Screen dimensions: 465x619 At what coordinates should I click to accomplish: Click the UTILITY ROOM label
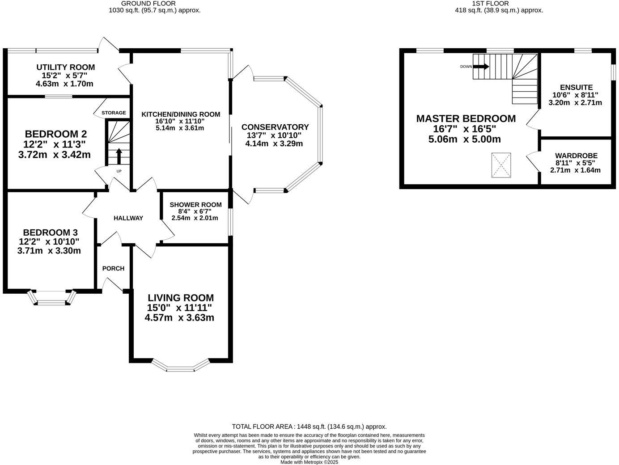65,68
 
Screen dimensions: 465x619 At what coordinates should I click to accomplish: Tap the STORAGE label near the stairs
114,113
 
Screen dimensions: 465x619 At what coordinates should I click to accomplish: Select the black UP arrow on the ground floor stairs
119,156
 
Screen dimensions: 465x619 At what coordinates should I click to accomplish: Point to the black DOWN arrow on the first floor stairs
481,67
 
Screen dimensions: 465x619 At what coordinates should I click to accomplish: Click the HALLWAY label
128,218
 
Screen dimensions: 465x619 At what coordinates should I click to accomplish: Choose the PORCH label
113,268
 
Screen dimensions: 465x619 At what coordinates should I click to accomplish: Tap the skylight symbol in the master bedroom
501,165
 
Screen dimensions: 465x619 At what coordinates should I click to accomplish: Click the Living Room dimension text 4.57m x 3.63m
179,318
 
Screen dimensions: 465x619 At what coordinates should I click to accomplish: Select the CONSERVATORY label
275,127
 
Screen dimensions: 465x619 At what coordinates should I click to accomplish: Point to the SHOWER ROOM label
195,205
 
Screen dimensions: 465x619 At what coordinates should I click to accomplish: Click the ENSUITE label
576,88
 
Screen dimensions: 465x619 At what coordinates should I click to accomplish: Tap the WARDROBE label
576,156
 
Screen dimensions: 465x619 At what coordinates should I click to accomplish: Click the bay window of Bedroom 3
51,299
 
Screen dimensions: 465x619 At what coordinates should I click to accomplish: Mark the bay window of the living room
181,366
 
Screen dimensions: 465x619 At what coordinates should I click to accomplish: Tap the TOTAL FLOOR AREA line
309,427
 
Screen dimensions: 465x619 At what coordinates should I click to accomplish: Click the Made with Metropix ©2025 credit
309,462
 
